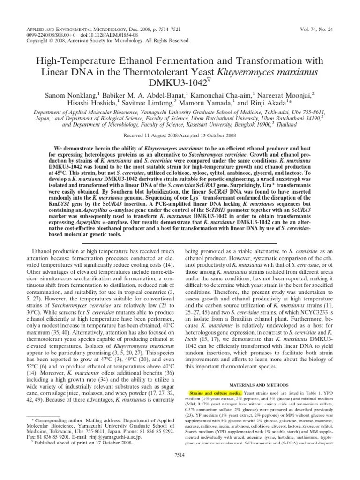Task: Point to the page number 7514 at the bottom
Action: pyautogui.click(x=180, y=467)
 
